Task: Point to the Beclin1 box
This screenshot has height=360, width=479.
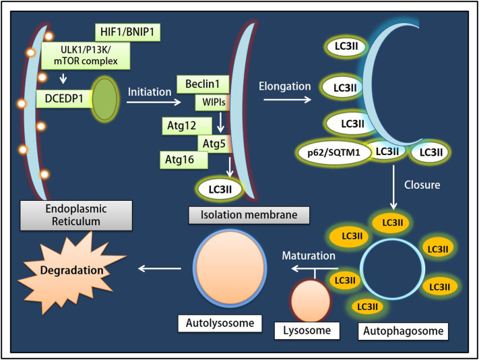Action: coord(203,85)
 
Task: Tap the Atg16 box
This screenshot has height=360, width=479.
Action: coord(183,160)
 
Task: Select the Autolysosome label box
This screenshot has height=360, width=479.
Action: coord(222,322)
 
